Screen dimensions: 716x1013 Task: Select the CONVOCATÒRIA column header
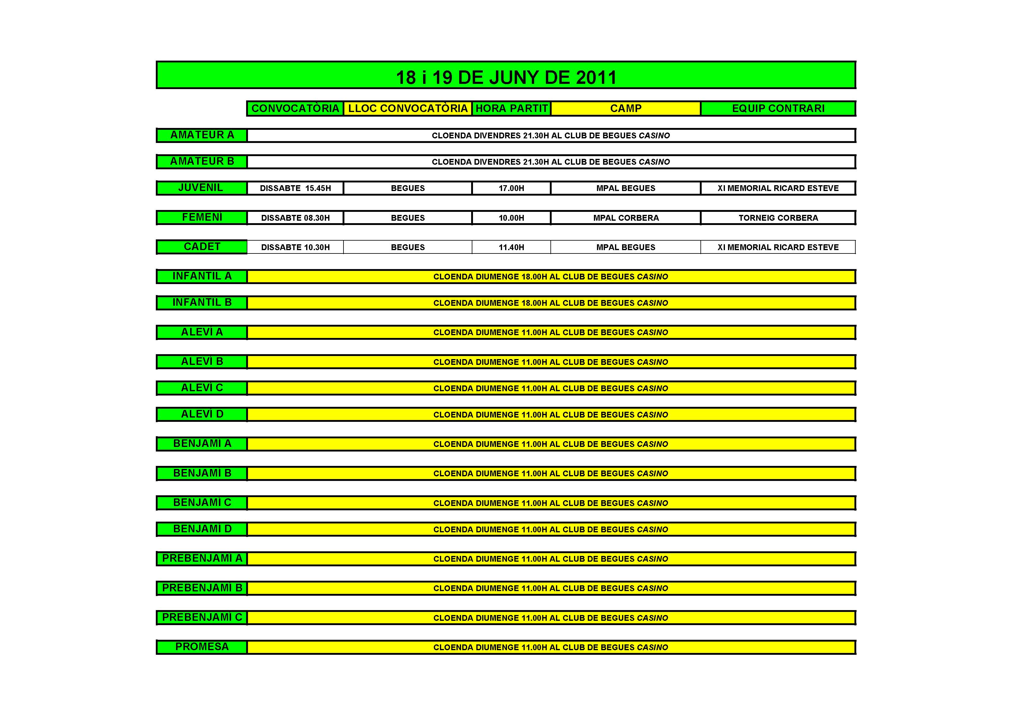tap(295, 109)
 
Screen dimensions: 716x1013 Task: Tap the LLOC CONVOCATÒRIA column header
tap(408, 109)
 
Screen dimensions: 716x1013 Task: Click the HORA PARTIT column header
tap(511, 109)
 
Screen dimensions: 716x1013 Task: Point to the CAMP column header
tap(626, 109)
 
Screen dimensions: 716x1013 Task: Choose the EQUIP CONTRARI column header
tap(778, 109)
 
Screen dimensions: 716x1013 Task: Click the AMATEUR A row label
tap(202, 135)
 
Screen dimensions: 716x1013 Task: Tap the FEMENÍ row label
tap(202, 217)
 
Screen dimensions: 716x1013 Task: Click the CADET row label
tap(202, 247)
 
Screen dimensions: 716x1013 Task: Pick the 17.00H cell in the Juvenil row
tap(511, 188)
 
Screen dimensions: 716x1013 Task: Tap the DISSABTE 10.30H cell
tap(295, 247)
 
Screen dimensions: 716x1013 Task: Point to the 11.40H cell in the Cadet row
tap(511, 247)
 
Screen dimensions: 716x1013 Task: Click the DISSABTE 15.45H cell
tap(295, 188)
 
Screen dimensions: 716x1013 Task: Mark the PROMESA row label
tap(202, 647)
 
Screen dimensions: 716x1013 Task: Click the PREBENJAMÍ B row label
tap(202, 588)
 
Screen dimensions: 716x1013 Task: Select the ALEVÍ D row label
tap(202, 414)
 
